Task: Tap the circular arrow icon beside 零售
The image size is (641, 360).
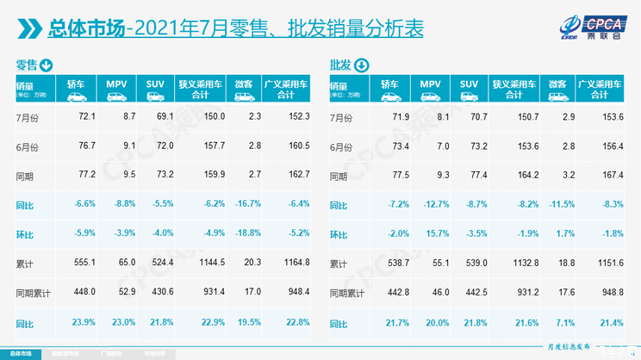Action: point(47,65)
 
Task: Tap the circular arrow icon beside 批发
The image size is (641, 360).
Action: point(361,65)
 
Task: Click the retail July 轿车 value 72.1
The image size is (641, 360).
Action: point(86,115)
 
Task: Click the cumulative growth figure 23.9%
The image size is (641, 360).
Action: point(85,322)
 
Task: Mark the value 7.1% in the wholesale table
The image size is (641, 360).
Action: point(563,322)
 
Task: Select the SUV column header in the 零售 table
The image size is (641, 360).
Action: point(155,84)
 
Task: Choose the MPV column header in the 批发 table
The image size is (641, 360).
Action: point(431,84)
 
